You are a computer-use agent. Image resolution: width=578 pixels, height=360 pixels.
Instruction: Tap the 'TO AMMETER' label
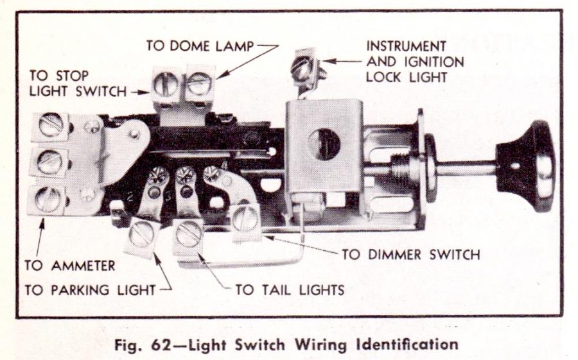click(69, 265)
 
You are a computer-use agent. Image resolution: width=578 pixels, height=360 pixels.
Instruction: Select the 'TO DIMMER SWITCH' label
click(410, 254)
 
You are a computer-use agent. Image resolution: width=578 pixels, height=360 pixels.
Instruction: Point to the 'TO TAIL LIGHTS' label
click(290, 289)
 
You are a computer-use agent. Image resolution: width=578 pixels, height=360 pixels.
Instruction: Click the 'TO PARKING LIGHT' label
click(90, 289)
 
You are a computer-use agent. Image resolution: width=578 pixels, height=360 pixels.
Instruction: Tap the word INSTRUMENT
click(406, 46)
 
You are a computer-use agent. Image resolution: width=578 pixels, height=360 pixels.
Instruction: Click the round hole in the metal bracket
click(324, 144)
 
